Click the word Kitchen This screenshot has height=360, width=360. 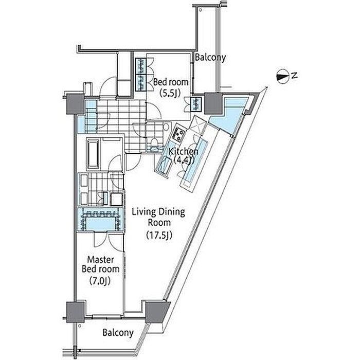click(183, 152)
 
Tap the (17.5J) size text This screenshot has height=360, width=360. click(159, 235)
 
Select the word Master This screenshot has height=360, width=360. click(101, 260)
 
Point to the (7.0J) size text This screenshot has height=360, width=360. click(100, 281)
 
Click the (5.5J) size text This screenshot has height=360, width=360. click(170, 93)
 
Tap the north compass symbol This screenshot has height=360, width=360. click(282, 76)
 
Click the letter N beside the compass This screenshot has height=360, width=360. click(294, 75)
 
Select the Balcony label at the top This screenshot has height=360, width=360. click(210, 58)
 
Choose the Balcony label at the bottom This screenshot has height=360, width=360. click(118, 333)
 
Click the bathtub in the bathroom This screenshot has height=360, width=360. click(93, 154)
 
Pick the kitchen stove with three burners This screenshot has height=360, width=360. click(178, 134)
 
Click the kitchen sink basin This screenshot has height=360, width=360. click(165, 165)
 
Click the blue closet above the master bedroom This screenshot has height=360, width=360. click(101, 219)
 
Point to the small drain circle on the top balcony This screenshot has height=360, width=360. click(200, 10)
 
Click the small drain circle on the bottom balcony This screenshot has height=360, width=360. click(79, 326)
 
